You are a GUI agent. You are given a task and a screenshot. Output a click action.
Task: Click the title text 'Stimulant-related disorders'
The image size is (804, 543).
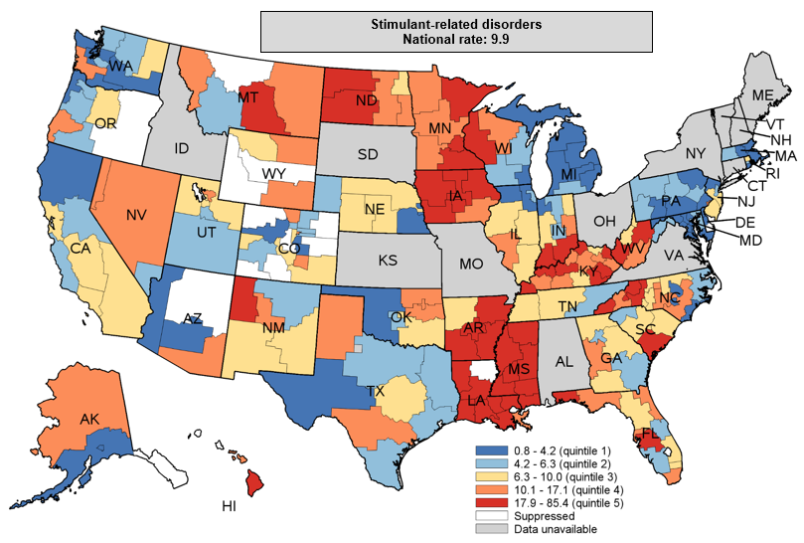[455, 24]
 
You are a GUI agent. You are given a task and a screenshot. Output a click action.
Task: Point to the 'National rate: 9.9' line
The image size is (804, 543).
[455, 39]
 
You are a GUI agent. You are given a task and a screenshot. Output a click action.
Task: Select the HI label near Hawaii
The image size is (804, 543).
[230, 506]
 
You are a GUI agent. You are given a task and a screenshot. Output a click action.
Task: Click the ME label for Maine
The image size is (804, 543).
[762, 94]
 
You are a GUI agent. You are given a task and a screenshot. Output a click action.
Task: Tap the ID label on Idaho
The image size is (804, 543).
[182, 148]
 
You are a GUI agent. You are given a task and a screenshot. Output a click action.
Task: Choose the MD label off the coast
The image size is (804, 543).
[750, 240]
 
